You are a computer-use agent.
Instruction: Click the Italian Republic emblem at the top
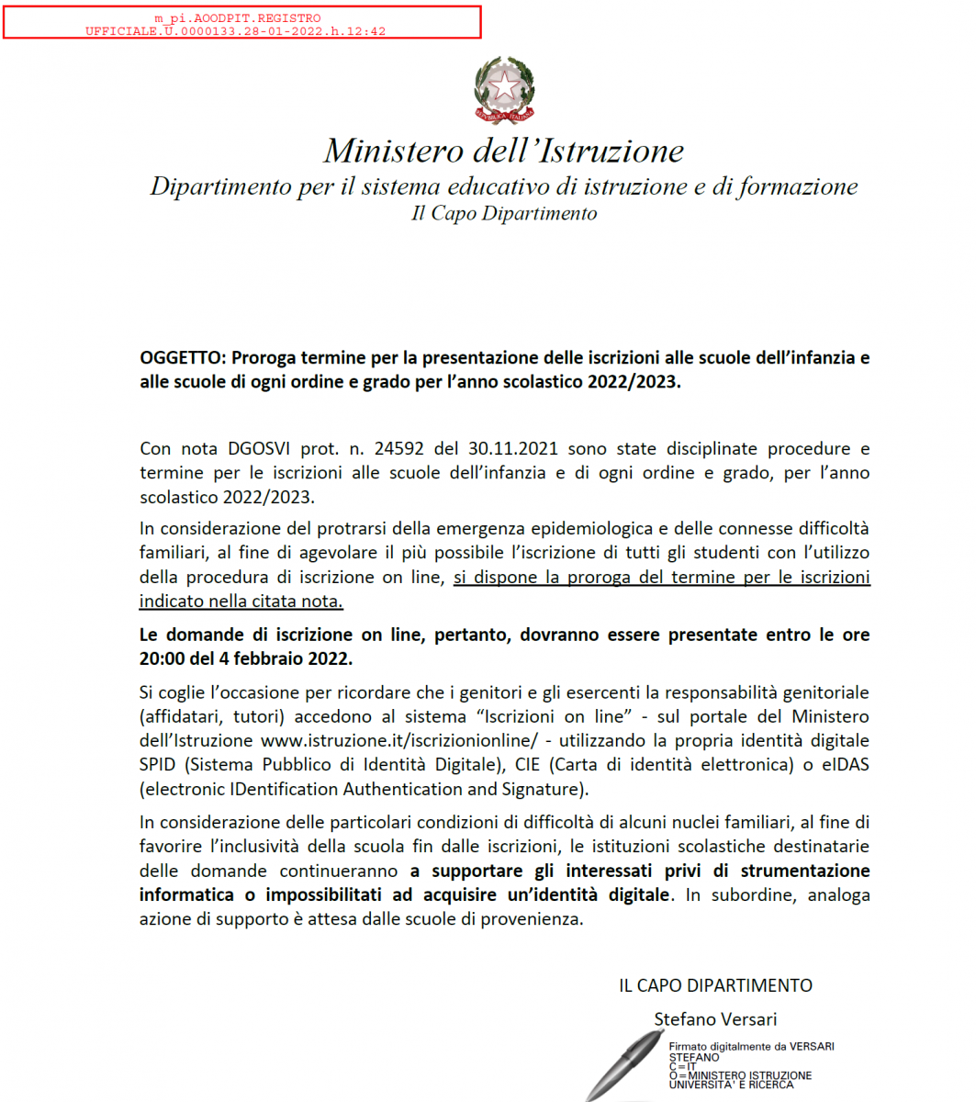(504, 90)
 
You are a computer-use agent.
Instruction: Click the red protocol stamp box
(241, 22)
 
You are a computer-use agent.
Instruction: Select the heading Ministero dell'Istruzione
(503, 151)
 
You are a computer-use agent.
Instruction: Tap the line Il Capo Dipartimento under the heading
(503, 214)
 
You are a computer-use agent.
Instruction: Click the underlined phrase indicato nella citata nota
(241, 602)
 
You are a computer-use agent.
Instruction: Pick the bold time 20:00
(163, 659)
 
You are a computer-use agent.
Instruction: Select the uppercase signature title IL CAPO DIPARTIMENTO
(715, 985)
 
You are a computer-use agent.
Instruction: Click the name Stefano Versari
(715, 1019)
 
